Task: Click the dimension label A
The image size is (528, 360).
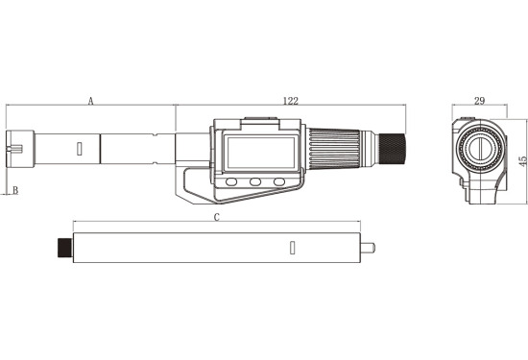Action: (x=90, y=101)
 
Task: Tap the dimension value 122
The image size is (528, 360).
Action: (x=291, y=101)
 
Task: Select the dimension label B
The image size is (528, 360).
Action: (x=15, y=190)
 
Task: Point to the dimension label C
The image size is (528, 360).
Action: (x=217, y=217)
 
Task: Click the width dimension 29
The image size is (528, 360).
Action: (x=479, y=101)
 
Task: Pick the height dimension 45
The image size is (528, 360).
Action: (x=523, y=161)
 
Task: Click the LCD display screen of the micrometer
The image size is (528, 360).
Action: (x=261, y=153)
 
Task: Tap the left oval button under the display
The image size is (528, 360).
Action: (x=231, y=182)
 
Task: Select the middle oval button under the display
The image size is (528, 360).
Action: (x=255, y=182)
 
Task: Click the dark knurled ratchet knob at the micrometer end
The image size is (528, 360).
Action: (x=393, y=149)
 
